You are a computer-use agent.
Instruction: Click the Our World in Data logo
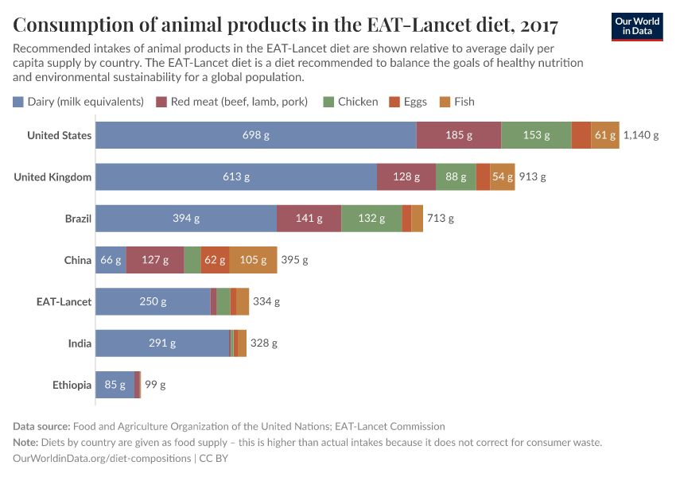pos(637,26)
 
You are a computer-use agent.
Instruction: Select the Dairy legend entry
pos(78,102)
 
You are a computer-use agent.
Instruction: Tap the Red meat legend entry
pos(232,102)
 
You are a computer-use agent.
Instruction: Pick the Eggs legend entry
pos(408,102)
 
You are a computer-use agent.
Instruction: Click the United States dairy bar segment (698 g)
pos(255,135)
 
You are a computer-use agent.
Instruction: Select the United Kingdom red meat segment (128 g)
pos(406,176)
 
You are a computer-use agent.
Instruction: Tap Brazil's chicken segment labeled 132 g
pos(371,218)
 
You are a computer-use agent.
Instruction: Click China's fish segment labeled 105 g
pos(253,260)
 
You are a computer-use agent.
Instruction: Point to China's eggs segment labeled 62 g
pos(215,260)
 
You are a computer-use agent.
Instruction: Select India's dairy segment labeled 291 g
pos(162,343)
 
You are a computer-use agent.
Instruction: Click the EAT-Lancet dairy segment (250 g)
pos(153,301)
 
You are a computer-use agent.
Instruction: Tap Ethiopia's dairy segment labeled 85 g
pos(115,385)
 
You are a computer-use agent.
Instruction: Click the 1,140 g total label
pos(641,135)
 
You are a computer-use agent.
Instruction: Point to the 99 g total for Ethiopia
pos(155,385)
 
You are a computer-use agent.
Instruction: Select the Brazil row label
pos(78,218)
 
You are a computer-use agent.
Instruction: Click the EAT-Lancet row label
pos(64,301)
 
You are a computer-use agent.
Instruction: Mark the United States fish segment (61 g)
pos(605,135)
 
